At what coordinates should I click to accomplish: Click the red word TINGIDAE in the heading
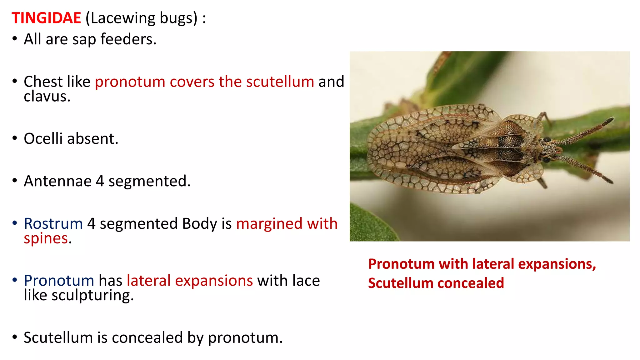46,18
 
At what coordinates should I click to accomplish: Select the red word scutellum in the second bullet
280,82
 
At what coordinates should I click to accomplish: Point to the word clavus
47,97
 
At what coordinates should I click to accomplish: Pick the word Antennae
57,181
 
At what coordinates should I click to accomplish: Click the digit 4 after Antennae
100,181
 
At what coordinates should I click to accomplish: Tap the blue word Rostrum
53,224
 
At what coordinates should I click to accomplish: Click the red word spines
46,239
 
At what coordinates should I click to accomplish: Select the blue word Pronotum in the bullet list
59,281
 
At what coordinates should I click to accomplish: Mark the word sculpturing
92,296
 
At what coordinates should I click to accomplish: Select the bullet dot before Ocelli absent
15,138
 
